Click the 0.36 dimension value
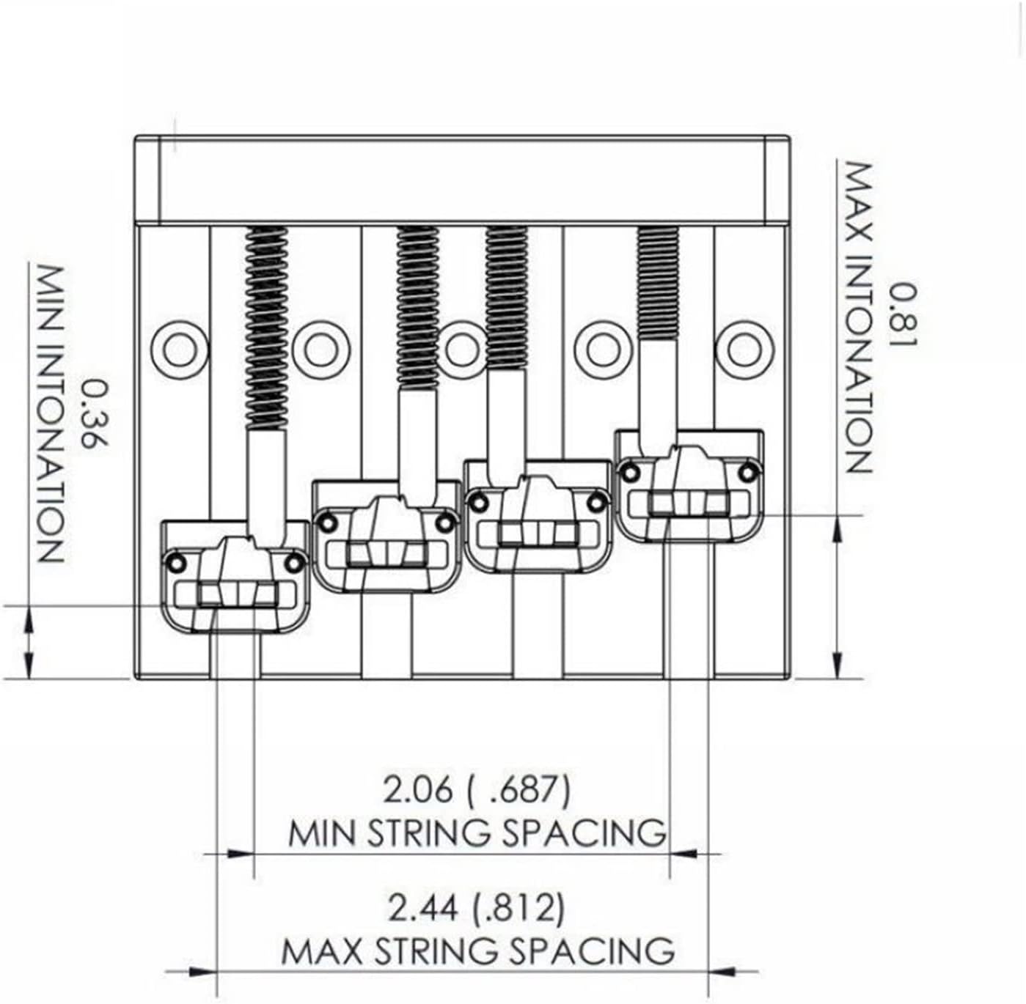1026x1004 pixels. tap(95, 413)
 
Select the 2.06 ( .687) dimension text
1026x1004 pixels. tap(476, 790)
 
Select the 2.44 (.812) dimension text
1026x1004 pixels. tap(476, 909)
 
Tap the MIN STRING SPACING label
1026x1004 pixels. tap(477, 833)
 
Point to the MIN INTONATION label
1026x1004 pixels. tap(51, 413)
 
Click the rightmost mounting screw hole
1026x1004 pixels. tap(744, 347)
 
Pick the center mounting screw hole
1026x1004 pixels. tap(462, 348)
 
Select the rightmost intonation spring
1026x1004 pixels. tap(658, 283)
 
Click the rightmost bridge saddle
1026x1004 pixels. tap(689, 487)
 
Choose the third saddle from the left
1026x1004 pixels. tap(538, 517)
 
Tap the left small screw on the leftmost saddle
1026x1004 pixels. tap(176, 562)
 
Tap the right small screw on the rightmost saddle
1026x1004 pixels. tap(747, 471)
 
